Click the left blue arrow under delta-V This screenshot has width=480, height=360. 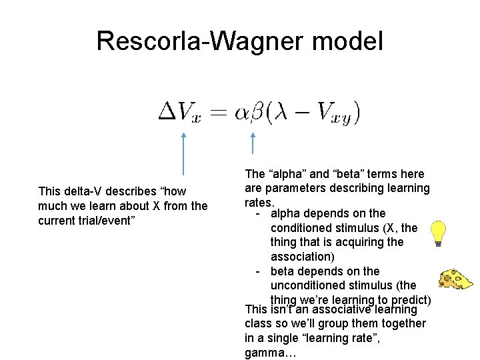183,153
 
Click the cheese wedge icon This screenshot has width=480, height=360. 455,280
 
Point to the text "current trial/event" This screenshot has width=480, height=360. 87,219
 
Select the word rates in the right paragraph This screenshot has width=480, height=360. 259,202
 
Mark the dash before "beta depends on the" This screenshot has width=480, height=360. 259,271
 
